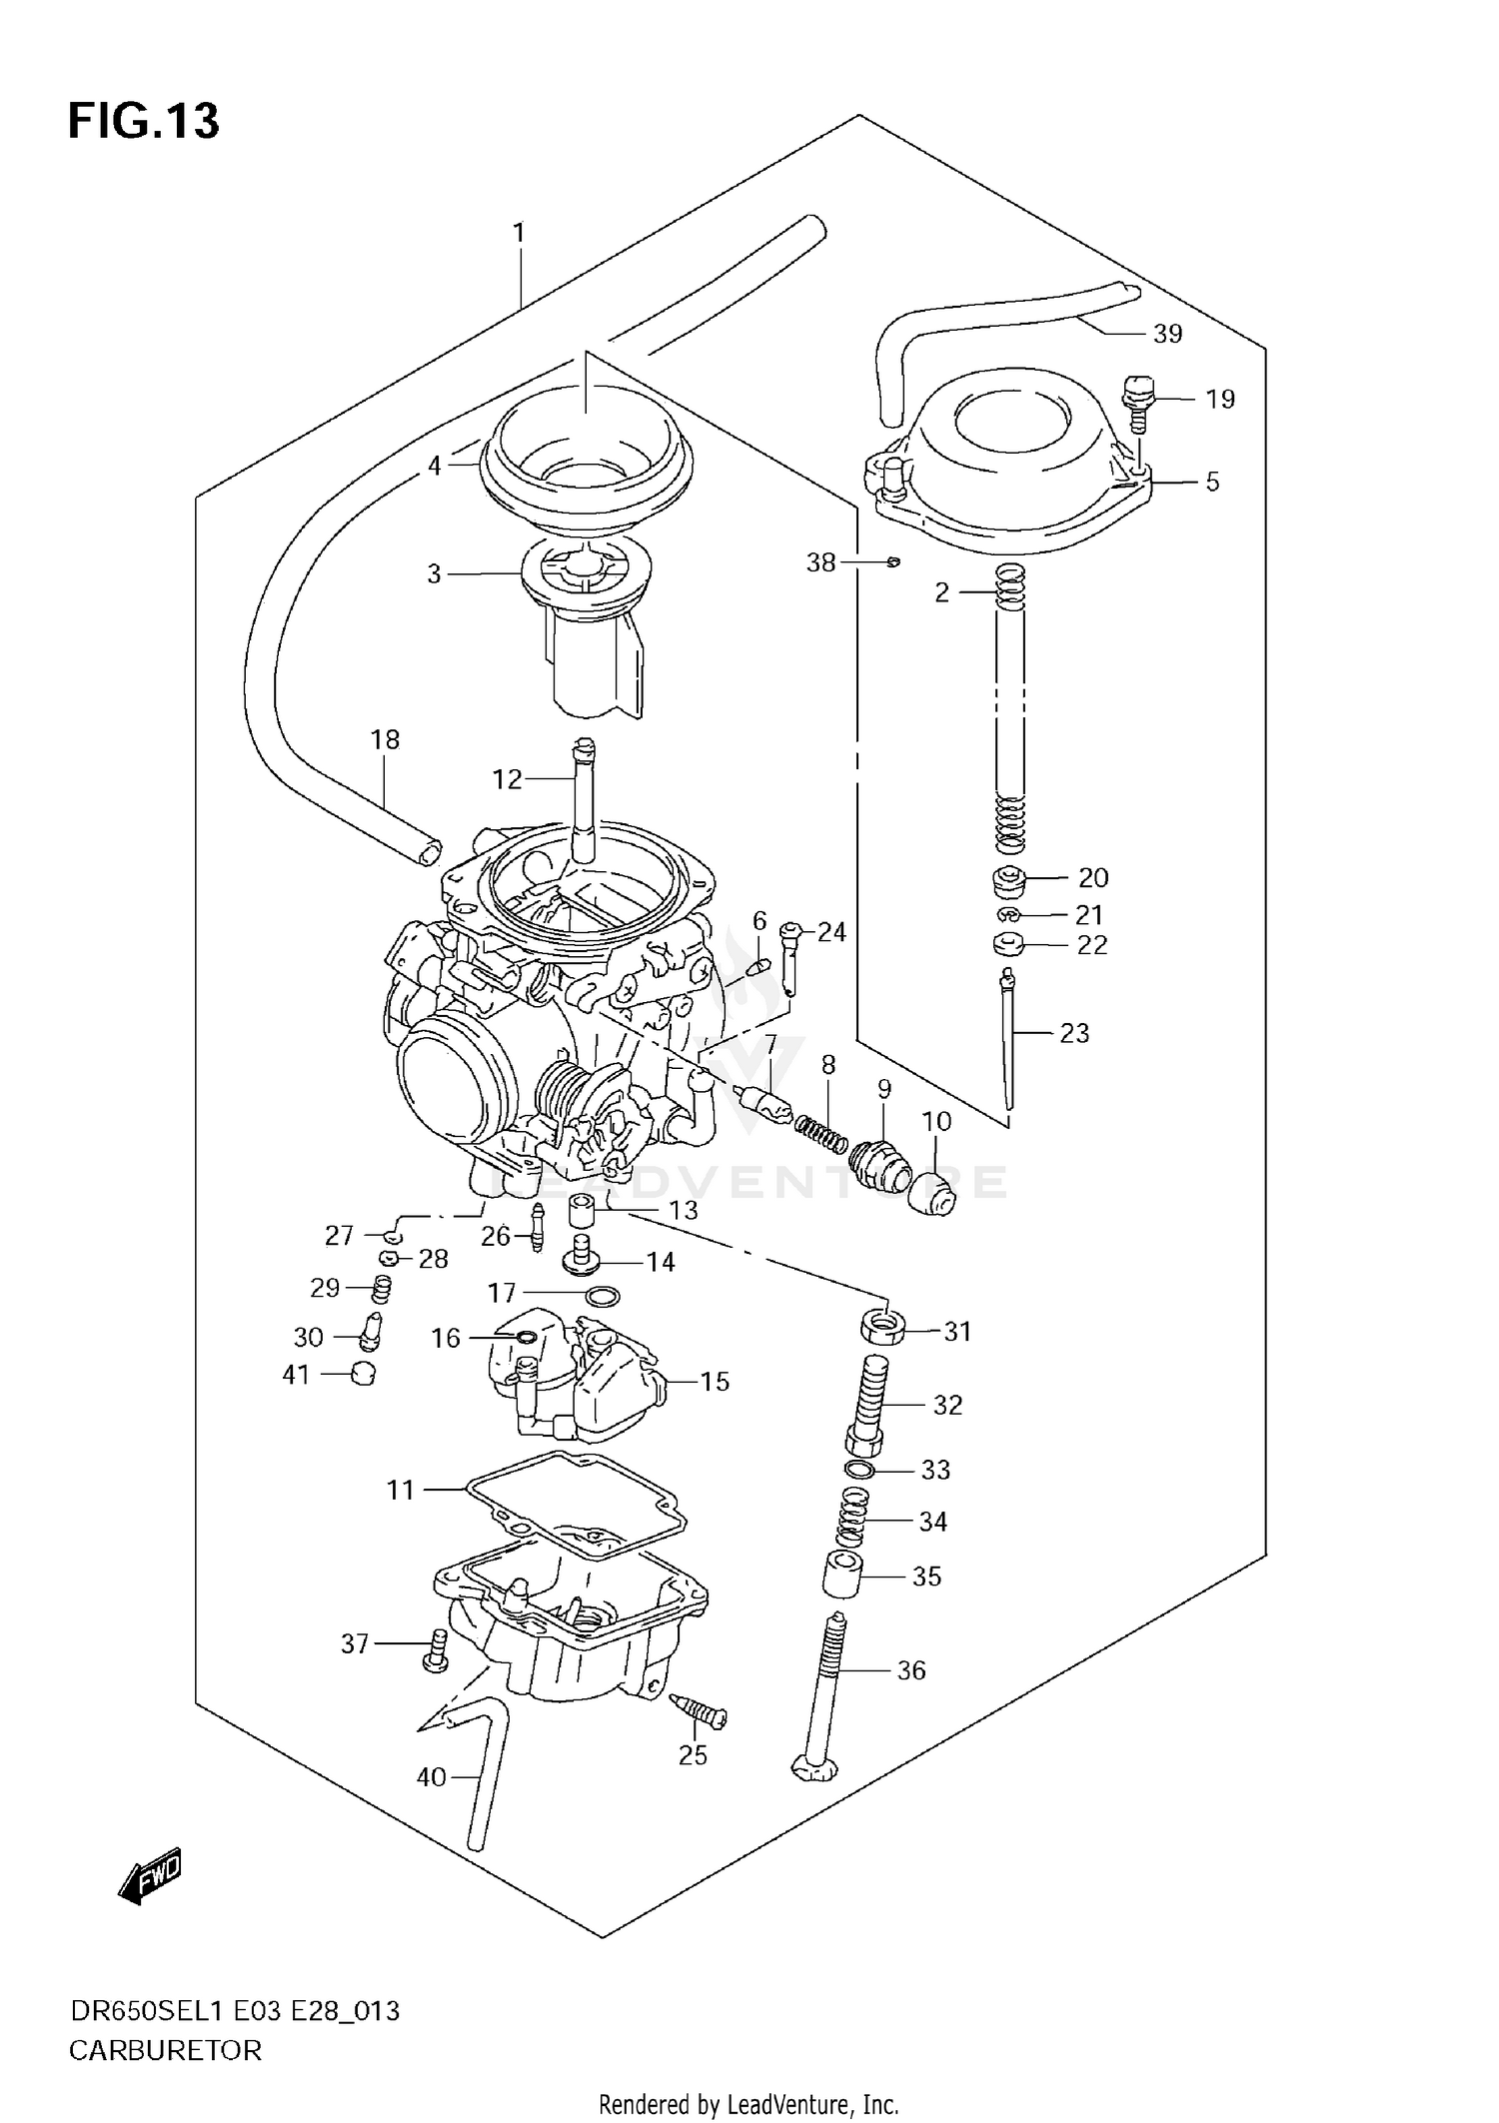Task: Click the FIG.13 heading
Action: [143, 121]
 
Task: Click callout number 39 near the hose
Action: [1167, 334]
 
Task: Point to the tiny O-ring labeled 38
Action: [893, 562]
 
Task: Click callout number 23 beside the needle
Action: [1074, 1033]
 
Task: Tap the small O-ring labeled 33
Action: [858, 1470]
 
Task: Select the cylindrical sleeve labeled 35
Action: [842, 1576]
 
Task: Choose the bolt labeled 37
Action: [432, 1652]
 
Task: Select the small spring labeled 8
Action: [820, 1134]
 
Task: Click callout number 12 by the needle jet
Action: [507, 778]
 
